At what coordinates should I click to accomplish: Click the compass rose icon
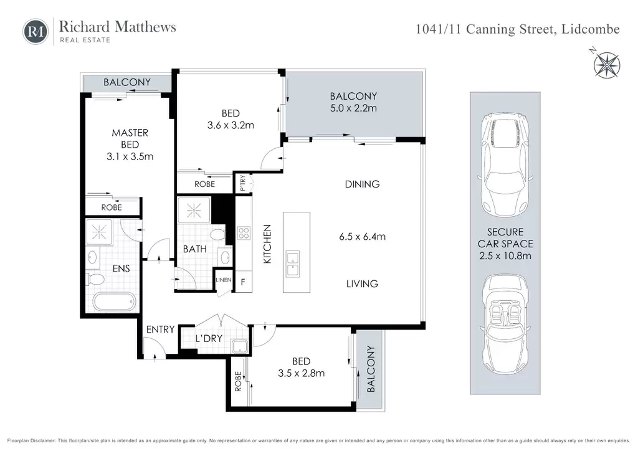(607, 65)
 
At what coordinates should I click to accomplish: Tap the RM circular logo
(36, 31)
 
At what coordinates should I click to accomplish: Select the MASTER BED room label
(130, 138)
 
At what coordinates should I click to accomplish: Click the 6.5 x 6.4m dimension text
(362, 236)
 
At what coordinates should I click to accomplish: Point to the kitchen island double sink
(293, 263)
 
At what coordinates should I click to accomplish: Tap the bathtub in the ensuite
(113, 301)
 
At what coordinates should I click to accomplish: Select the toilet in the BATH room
(217, 235)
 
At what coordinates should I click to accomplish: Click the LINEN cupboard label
(224, 280)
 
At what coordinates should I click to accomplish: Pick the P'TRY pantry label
(242, 183)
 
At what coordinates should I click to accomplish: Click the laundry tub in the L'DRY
(239, 346)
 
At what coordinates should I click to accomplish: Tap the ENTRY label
(160, 330)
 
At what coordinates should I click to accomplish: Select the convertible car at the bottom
(505, 324)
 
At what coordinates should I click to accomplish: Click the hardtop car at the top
(505, 164)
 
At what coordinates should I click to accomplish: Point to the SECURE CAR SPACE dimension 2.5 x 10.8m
(505, 256)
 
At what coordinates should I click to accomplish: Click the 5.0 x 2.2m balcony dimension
(353, 108)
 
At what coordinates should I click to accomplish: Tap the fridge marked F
(243, 282)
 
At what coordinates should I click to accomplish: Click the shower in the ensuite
(99, 232)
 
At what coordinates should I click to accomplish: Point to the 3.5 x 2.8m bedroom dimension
(302, 373)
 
